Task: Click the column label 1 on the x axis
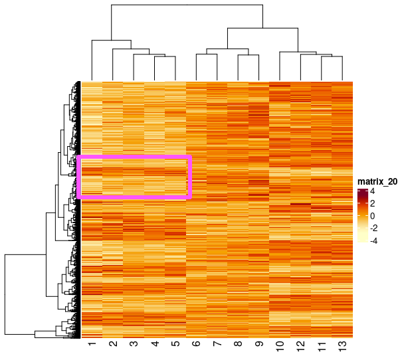92,345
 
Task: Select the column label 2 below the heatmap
113,345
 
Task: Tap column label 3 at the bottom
134,345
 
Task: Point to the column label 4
155,345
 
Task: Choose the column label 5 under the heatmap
175,345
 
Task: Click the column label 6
197,345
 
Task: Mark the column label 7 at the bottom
217,345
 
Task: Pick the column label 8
238,345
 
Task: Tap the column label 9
259,345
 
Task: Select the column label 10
280,347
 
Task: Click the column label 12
301,347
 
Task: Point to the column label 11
322,347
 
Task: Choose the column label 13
343,347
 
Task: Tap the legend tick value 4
373,191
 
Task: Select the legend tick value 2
373,204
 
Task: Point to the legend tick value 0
373,217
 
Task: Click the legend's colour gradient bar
362,217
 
